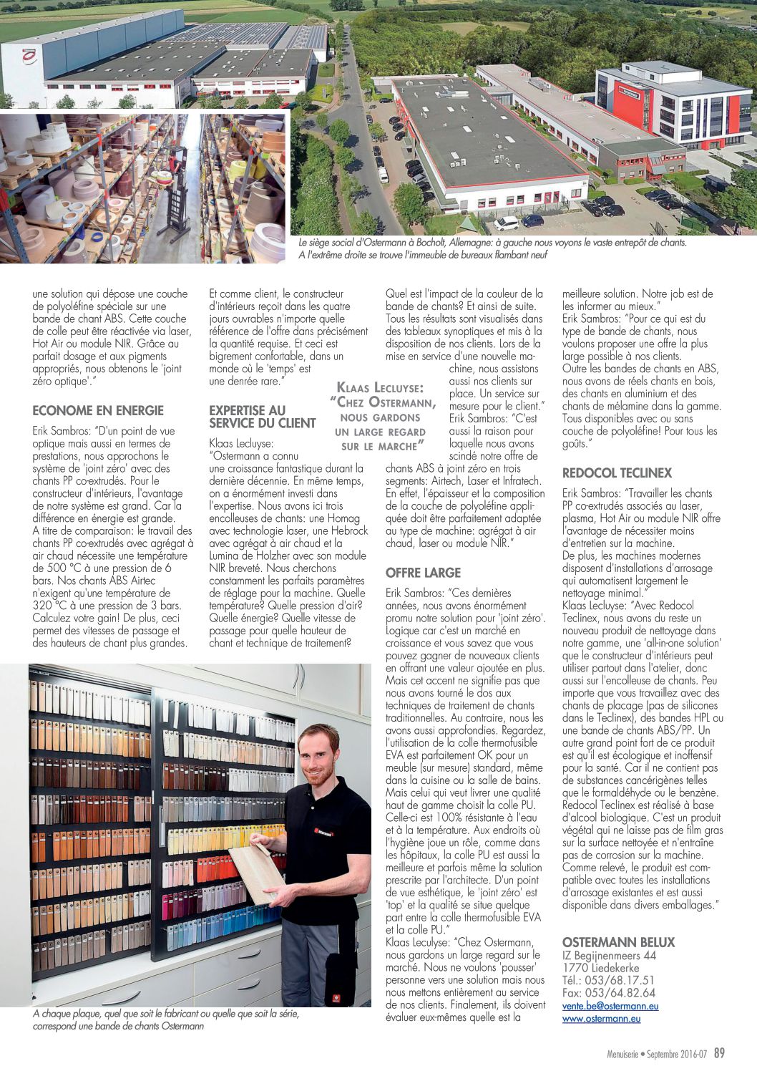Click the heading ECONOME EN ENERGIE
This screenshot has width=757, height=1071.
coord(98,410)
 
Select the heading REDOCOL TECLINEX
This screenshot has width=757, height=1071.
coord(617,473)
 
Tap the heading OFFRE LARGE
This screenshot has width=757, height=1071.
coord(423,573)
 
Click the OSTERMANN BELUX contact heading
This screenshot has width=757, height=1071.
coord(618,941)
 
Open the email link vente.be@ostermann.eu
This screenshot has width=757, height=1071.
coord(610,1006)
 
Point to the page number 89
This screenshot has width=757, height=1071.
coord(719,1052)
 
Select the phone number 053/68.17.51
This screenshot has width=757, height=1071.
coord(608,980)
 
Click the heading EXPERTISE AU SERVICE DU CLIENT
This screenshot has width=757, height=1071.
coord(262,417)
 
